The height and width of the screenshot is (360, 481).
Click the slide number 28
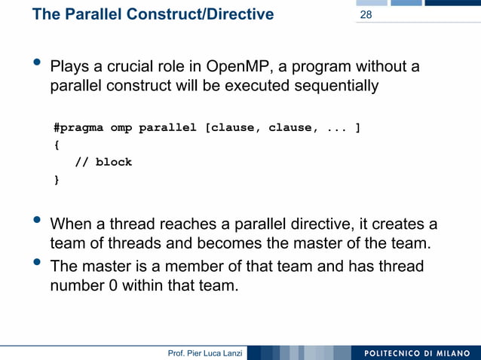[366, 15]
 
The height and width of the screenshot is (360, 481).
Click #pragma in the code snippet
[78, 127]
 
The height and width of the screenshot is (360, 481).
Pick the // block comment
[103, 162]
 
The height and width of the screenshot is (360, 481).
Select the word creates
[396, 224]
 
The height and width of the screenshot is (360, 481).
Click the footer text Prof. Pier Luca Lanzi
[205, 353]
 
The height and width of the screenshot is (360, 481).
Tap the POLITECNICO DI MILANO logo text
[415, 353]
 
